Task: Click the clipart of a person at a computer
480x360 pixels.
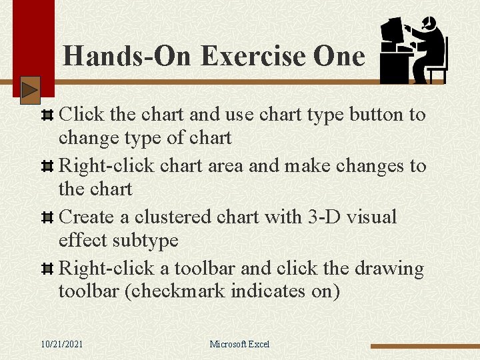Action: (x=413, y=51)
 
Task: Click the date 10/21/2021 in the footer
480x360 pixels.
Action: (x=62, y=344)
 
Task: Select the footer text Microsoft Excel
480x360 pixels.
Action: (x=239, y=344)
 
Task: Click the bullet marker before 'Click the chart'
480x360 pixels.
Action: (x=47, y=115)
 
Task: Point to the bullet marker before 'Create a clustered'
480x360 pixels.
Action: (x=47, y=218)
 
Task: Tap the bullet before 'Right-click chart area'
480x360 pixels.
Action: (x=47, y=167)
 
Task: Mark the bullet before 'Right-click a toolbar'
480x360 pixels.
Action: (x=47, y=269)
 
